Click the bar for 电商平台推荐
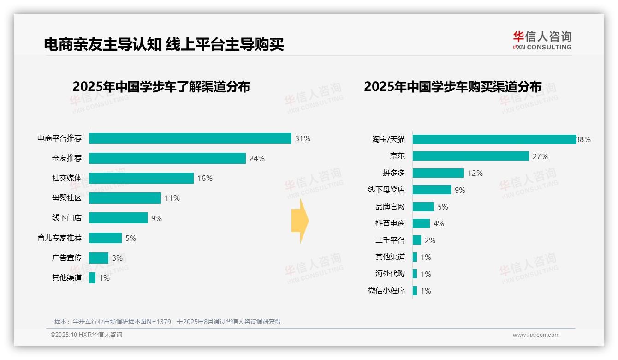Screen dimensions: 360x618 (190, 138)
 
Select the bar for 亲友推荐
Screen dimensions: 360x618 (167, 158)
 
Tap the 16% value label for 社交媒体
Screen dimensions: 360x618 (205, 179)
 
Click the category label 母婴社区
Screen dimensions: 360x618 (66, 198)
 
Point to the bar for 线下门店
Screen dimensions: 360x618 (118, 218)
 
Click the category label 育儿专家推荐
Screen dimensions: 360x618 (59, 238)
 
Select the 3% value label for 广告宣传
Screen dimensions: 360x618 (117, 258)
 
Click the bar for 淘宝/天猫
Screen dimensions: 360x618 (494, 139)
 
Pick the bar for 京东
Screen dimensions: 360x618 (470, 156)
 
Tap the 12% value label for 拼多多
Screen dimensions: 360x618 (475, 173)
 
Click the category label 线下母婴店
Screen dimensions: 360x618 (386, 190)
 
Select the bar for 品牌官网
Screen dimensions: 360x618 (423, 207)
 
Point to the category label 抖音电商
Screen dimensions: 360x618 (390, 223)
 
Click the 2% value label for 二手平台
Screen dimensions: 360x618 (430, 240)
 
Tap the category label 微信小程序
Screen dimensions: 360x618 (386, 291)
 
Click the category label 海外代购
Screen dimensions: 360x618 (390, 274)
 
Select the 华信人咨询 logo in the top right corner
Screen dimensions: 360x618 (542, 40)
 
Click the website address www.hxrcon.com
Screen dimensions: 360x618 (535, 335)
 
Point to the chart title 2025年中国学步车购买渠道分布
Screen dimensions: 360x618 (452, 87)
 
